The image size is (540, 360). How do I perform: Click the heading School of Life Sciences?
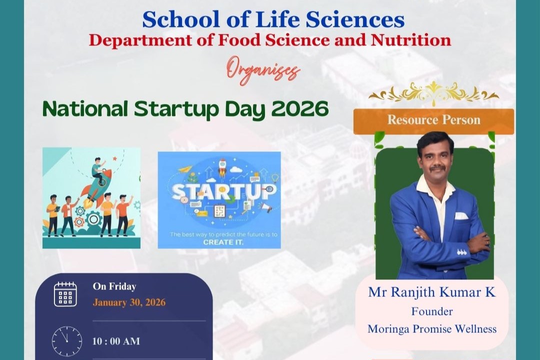pyautogui.click(x=273, y=19)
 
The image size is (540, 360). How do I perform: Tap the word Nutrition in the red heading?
pyautogui.click(x=410, y=40)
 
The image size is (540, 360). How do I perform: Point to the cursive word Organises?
pyautogui.click(x=263, y=72)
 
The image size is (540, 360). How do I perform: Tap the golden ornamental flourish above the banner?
pyautogui.click(x=433, y=93)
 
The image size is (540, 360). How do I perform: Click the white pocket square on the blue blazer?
pyautogui.click(x=461, y=216)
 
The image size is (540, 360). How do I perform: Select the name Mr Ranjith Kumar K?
pyautogui.click(x=432, y=292)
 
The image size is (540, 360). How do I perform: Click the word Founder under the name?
pyautogui.click(x=432, y=311)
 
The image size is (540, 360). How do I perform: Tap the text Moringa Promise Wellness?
pyautogui.click(x=432, y=328)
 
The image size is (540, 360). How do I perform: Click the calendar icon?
pyautogui.click(x=65, y=294)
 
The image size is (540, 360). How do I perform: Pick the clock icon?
pyautogui.click(x=67, y=341)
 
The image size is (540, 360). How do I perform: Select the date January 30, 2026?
pyautogui.click(x=129, y=302)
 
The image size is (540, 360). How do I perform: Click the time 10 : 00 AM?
pyautogui.click(x=116, y=341)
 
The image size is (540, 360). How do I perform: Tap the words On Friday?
pyautogui.click(x=114, y=286)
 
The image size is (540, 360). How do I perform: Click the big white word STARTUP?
pyautogui.click(x=224, y=192)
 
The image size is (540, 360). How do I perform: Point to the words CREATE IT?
pyautogui.click(x=223, y=242)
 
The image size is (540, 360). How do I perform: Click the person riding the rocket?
pyautogui.click(x=98, y=169)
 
